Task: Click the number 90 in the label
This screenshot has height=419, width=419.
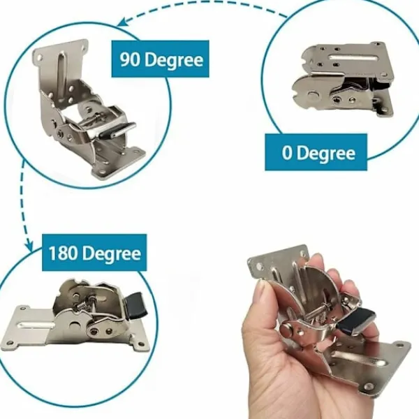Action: tap(130, 59)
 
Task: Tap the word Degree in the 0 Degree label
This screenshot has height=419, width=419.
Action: tap(326, 153)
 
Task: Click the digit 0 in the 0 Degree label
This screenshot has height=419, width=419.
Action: tap(287, 153)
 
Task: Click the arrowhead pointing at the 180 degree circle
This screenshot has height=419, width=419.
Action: tap(29, 246)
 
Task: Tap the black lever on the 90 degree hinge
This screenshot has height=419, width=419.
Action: tap(117, 130)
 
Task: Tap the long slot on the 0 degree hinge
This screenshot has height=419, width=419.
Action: tap(353, 57)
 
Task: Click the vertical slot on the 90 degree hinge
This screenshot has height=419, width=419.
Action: tap(61, 72)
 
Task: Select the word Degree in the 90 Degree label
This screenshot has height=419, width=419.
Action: tap(174, 60)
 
